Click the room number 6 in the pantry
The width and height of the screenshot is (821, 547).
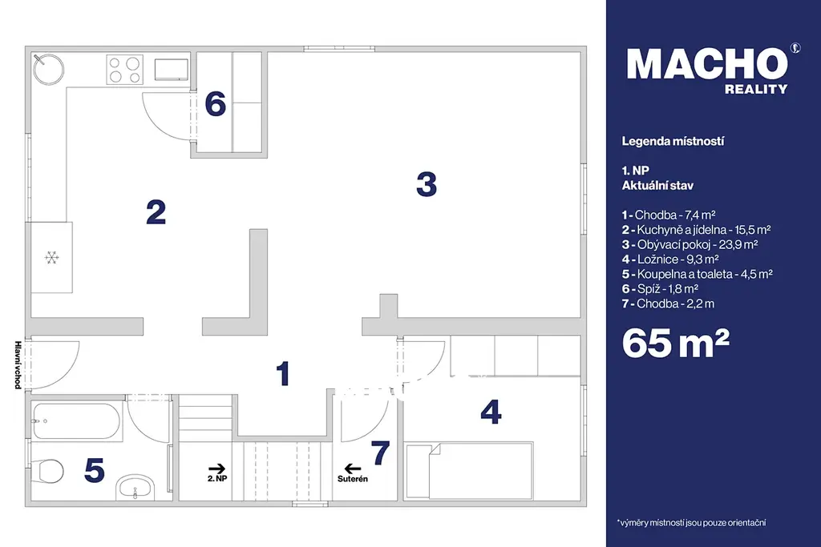click(x=215, y=103)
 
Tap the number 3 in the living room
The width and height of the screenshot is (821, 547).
click(x=427, y=184)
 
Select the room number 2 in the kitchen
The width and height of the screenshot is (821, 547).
click(x=156, y=212)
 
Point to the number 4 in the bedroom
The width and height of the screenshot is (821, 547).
click(x=491, y=412)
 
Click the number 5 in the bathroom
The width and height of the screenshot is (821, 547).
click(x=95, y=469)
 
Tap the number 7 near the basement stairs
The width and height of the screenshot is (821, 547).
click(x=381, y=452)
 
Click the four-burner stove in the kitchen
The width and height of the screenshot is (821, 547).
click(x=124, y=70)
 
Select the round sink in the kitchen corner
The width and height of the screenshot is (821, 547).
click(x=48, y=69)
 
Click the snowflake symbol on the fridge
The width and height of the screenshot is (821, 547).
click(x=51, y=257)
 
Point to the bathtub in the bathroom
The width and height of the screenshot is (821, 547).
click(x=76, y=421)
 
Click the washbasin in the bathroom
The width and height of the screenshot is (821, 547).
click(x=135, y=487)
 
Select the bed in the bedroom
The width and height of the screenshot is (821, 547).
click(x=469, y=471)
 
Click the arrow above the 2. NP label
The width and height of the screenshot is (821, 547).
click(x=216, y=469)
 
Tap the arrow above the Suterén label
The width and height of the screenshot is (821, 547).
click(x=353, y=469)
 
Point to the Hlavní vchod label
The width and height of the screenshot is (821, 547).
click(x=18, y=365)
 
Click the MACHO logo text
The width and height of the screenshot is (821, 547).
click(x=707, y=64)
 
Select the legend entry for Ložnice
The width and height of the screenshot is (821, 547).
click(x=670, y=259)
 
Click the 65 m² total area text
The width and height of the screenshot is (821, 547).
click(x=675, y=343)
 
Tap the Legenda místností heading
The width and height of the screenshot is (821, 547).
click(x=673, y=141)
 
